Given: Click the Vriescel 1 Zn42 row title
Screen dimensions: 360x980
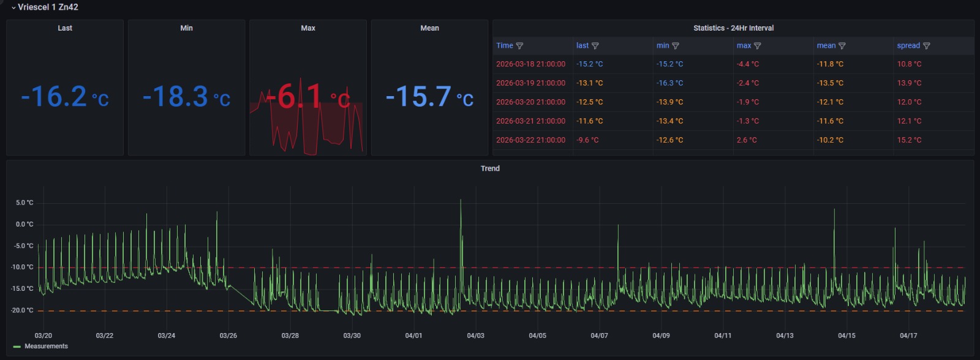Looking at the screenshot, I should tap(48, 7).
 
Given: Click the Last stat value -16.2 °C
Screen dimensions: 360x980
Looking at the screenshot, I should tap(65, 97).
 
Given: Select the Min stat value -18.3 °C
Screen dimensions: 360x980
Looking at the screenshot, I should tap(186, 97).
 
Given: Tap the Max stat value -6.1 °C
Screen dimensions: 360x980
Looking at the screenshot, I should tap(307, 97).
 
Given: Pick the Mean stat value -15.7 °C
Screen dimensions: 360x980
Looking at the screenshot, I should tap(429, 97).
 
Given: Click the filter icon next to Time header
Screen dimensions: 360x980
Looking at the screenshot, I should tap(519, 46).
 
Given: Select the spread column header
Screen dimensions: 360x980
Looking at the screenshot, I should tap(908, 46).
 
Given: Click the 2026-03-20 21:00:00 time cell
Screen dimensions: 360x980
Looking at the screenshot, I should tap(530, 102).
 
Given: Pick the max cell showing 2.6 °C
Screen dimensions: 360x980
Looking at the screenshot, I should tap(747, 140).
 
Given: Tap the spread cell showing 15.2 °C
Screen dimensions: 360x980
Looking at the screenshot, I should tap(909, 140).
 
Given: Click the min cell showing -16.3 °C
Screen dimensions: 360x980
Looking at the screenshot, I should tap(669, 83).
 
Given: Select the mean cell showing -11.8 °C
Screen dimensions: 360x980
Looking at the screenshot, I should tap(830, 64).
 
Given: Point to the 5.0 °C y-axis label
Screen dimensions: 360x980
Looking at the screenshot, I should tap(24, 203).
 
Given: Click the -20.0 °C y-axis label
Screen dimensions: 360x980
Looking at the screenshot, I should tap(23, 310).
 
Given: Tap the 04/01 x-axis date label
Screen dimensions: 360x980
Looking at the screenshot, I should tap(413, 336).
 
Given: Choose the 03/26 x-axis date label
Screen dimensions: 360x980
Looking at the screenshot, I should tap(228, 336).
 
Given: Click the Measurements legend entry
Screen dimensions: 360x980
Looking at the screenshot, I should tap(46, 347).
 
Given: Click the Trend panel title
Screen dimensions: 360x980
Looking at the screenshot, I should tap(490, 168).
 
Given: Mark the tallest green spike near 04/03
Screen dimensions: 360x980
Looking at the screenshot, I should tap(461, 201).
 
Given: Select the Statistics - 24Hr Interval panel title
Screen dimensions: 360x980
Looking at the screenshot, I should tap(733, 28).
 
